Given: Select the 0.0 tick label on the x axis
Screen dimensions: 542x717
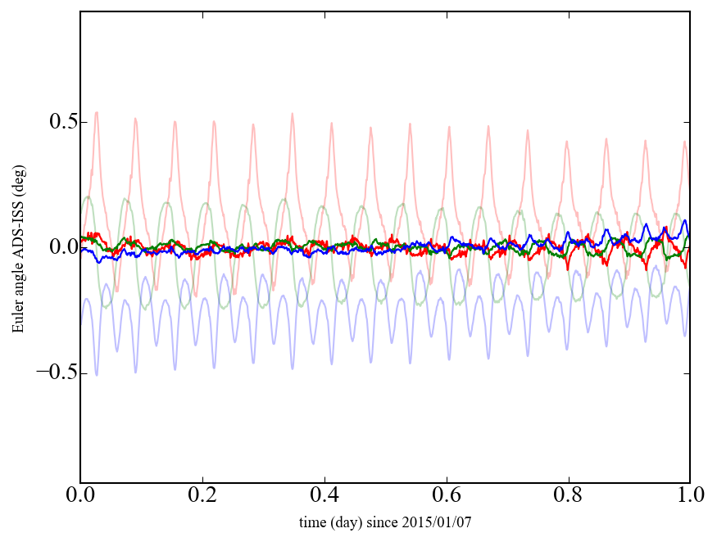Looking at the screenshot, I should pos(80,497).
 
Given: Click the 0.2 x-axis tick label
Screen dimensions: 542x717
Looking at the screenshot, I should pos(202,497).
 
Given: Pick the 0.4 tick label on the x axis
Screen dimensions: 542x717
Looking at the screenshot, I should pos(324,497).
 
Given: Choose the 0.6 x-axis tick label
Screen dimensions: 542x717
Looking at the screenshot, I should pos(447,497).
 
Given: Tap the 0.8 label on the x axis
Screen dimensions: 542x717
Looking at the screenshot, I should pos(568,497).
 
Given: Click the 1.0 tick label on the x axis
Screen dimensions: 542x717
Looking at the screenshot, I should pos(689,497).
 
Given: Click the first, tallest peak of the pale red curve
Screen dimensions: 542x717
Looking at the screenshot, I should pos(97,113).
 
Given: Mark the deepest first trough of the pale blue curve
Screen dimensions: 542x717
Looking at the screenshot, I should pos(97,375).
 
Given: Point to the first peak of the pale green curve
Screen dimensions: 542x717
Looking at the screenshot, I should pos(87,196).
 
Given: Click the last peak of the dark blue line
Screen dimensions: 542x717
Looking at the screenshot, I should pos(684,220).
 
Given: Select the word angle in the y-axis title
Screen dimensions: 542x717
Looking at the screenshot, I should pos(17,283).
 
